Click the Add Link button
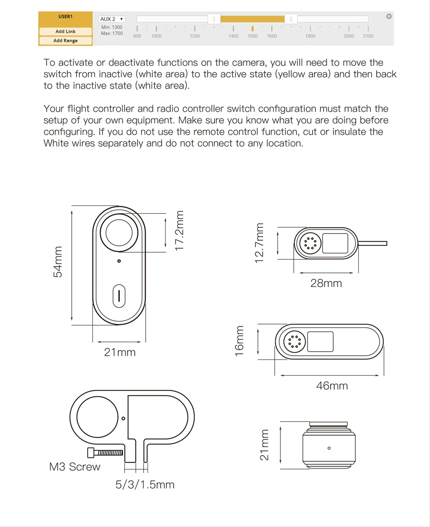[x=65, y=31]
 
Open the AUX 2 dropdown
[x=112, y=19]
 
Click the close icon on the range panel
[x=389, y=16]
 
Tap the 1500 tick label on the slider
[x=252, y=36]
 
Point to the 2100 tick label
[x=368, y=36]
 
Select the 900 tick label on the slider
[x=137, y=36]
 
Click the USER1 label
[x=65, y=17]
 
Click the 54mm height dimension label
[x=58, y=262]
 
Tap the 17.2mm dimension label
[x=180, y=230]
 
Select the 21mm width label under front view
[x=120, y=352]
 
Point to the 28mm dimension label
[x=326, y=283]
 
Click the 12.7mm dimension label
[x=259, y=243]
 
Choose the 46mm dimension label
[x=332, y=386]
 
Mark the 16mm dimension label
[x=240, y=341]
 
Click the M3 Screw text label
[x=75, y=467]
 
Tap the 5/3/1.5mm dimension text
[x=145, y=485]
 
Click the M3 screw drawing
[x=105, y=453]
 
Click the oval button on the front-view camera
[x=119, y=296]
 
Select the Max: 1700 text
[x=112, y=33]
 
